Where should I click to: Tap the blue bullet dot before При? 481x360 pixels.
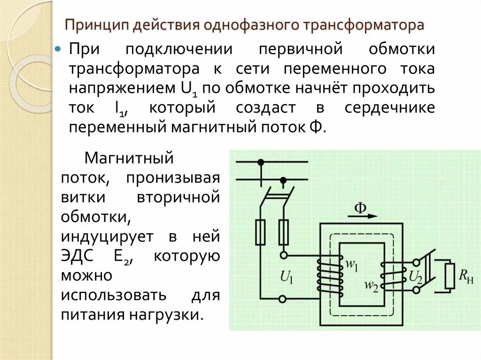59,49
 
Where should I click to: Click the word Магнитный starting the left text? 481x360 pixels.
129,158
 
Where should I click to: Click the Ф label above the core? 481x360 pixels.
360,208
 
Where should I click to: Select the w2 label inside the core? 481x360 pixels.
371,285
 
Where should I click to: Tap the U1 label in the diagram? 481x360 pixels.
287,278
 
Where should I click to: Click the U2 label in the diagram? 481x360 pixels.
416,277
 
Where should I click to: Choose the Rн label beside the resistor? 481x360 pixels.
467,278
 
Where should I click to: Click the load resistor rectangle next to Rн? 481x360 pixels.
450,276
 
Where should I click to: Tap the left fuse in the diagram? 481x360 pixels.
261,232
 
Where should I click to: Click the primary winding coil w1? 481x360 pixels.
330,276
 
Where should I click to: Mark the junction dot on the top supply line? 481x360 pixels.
261,162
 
